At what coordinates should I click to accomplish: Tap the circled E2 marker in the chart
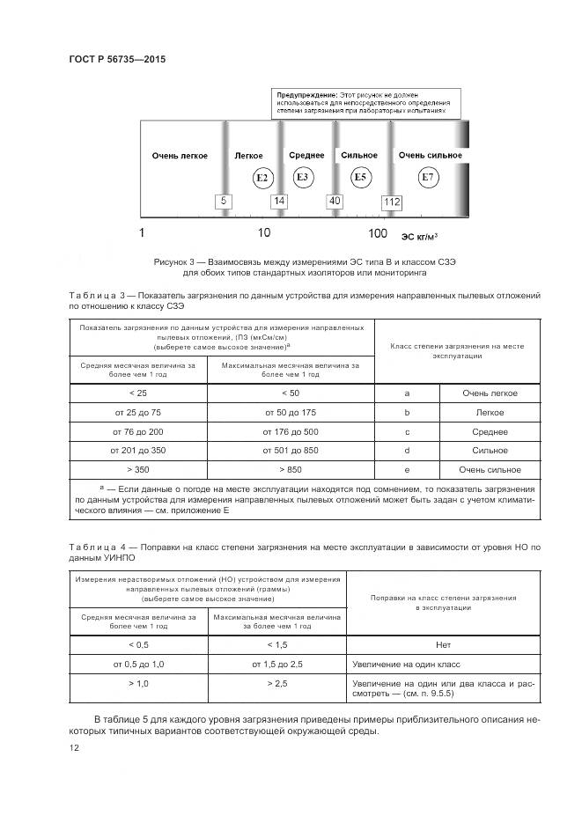point(261,178)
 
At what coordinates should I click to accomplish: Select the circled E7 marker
point(428,178)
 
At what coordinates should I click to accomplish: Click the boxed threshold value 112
point(391,202)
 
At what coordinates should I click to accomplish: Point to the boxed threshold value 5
point(225,202)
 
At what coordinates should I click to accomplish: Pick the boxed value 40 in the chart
point(335,202)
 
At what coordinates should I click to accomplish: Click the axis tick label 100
point(377,233)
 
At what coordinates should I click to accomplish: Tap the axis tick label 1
point(142,233)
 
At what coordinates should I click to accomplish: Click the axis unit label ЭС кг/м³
point(420,236)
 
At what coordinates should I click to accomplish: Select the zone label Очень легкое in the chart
point(180,156)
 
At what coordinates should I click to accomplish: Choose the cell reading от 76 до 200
point(138,431)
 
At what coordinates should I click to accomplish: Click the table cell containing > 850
point(291,469)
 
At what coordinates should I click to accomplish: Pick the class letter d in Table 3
point(406,450)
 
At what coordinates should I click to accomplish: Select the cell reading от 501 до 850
point(291,450)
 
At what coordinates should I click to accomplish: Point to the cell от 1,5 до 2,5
point(277,664)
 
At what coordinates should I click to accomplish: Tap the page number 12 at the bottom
point(75,747)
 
